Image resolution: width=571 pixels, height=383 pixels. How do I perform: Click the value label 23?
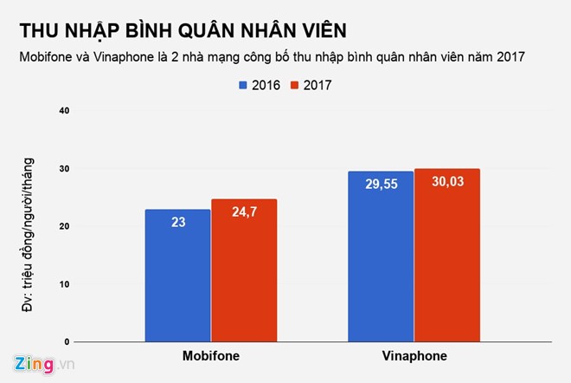177,222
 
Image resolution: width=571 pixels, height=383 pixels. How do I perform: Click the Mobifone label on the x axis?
211,356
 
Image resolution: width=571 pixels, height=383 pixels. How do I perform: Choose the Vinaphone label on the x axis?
414,356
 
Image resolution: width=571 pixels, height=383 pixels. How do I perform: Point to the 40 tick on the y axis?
64,110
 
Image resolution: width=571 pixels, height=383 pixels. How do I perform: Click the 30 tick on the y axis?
64,168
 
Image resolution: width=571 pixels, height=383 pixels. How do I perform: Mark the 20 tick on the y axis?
64,226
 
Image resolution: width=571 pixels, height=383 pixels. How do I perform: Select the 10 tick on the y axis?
64,284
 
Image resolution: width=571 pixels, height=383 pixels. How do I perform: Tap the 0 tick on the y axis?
67,342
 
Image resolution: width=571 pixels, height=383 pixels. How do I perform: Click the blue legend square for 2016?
243,85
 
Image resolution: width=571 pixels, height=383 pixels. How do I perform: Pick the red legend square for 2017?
295,85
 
